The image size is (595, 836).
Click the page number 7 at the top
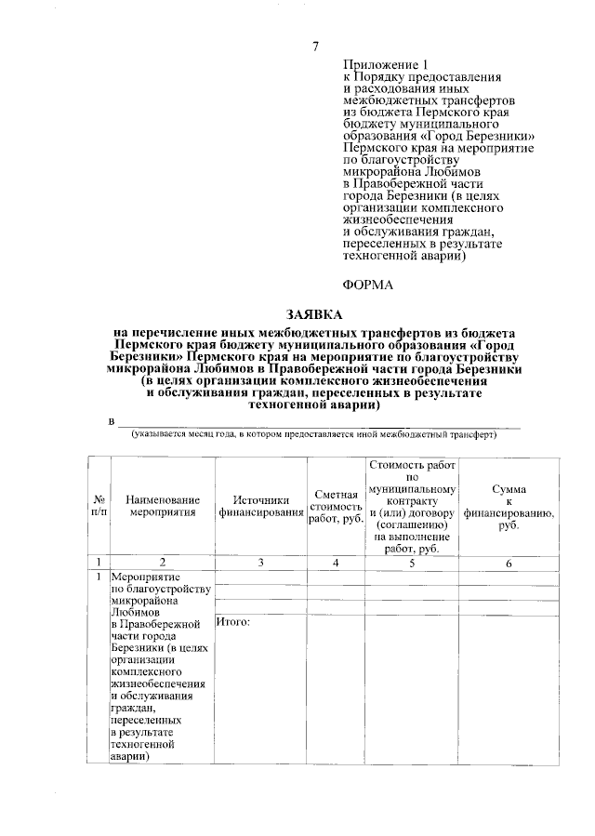(x=316, y=46)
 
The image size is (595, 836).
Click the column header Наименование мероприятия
(x=163, y=505)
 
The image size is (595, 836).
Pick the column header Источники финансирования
(x=261, y=505)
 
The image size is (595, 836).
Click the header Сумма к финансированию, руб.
(x=509, y=506)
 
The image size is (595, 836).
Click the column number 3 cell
(x=261, y=563)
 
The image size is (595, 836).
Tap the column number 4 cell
(x=336, y=563)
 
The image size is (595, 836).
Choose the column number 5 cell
(x=411, y=563)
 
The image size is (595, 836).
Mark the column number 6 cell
(x=509, y=563)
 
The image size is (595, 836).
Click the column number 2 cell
(x=163, y=563)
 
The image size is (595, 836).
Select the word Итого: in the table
(x=234, y=621)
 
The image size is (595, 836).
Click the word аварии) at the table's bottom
(x=131, y=757)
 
